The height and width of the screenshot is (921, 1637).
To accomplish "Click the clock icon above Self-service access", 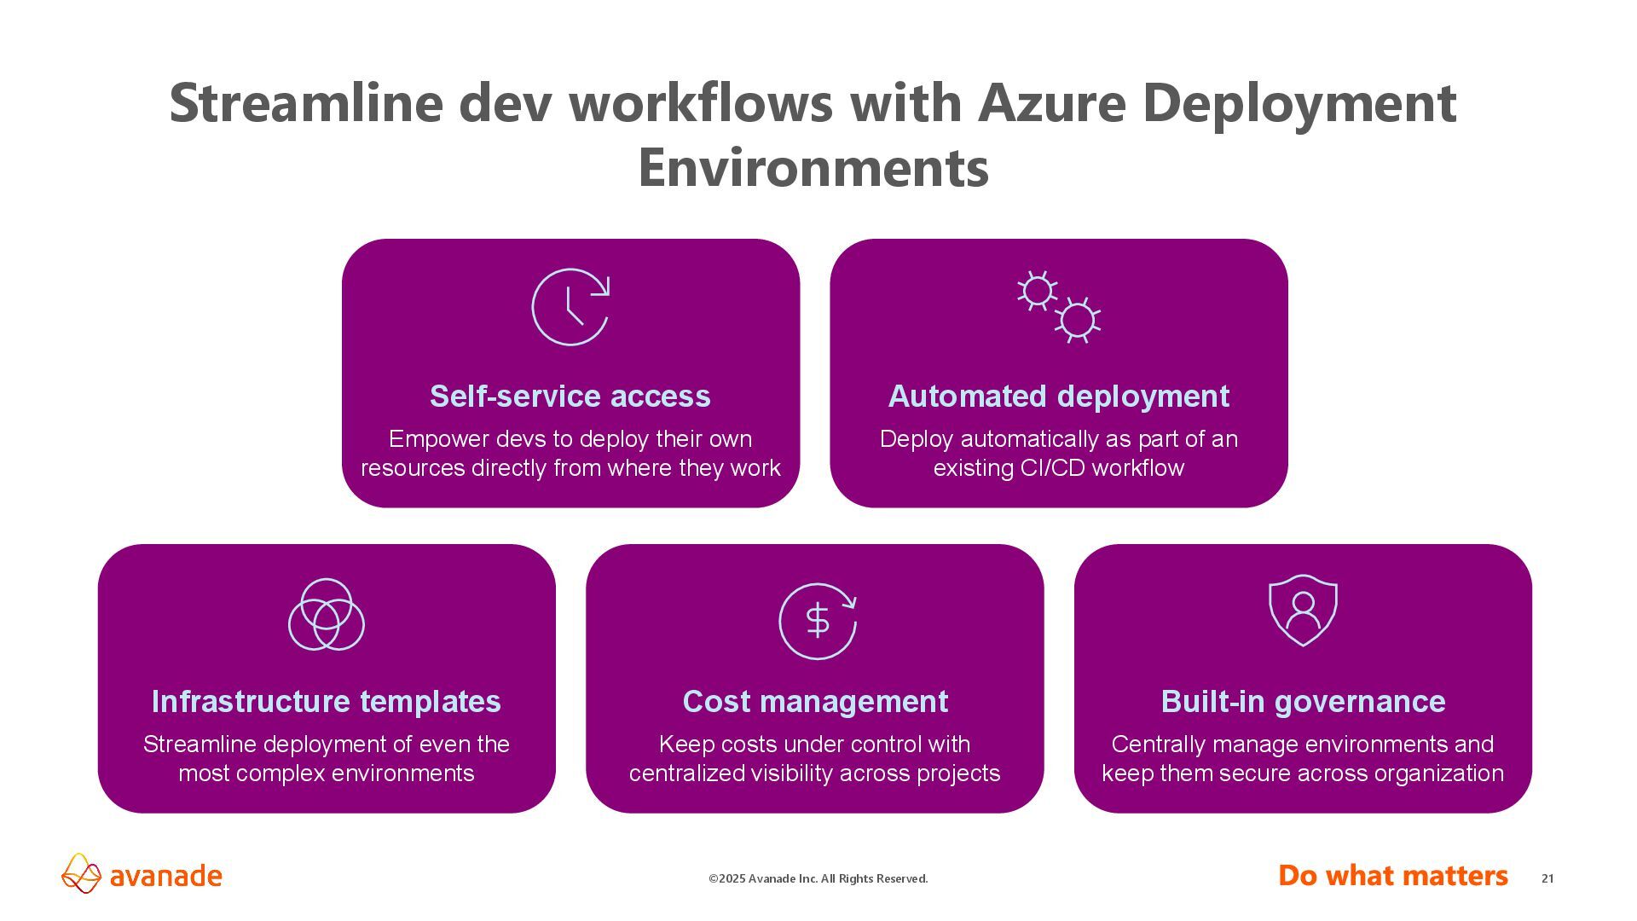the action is point(570,307).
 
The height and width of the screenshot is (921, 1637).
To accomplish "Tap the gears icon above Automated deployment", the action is point(1059,307).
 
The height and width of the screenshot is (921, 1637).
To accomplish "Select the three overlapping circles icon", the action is point(327,614).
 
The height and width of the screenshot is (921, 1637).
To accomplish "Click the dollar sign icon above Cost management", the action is point(817,621).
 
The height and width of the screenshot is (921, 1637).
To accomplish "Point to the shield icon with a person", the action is point(1303,611).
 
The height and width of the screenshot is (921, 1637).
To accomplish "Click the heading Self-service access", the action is point(570,397).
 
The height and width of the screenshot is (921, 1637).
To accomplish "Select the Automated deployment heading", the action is point(1059,397).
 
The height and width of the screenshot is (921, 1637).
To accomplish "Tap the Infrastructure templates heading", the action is point(327,702).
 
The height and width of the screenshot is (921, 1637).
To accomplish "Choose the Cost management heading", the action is point(815,702).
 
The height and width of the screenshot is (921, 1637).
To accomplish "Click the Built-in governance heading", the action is point(1303,702).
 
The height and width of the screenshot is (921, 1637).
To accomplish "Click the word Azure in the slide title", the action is point(1052,103).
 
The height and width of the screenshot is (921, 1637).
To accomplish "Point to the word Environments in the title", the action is point(813,168).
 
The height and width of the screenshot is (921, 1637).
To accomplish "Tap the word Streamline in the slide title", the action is point(305,103).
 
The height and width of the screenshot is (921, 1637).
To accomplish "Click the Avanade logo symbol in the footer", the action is point(82,874).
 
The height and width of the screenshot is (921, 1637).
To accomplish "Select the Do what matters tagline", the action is point(1393,876).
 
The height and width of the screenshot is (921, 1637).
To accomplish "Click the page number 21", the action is point(1547,878).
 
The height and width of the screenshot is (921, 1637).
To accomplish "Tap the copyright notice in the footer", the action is point(818,879).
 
